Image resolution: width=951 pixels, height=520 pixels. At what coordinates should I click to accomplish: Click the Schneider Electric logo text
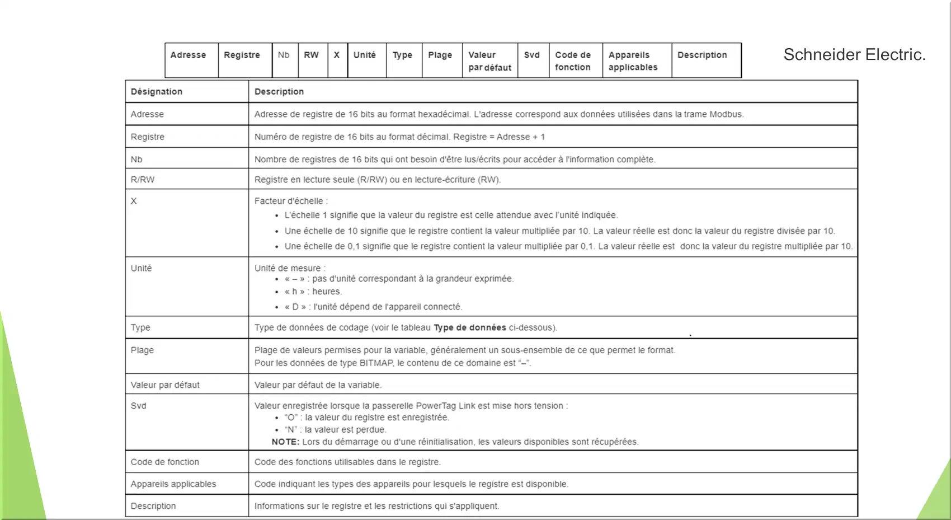[x=854, y=55]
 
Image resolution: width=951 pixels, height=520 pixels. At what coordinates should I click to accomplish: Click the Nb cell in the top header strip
[x=284, y=55]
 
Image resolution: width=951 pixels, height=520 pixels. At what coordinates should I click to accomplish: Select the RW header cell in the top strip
[x=312, y=55]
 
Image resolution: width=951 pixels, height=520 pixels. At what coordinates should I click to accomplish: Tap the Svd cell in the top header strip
[x=532, y=55]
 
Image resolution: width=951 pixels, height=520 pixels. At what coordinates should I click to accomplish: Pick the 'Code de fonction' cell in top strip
[x=573, y=61]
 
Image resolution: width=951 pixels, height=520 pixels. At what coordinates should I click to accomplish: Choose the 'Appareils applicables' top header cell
[x=633, y=61]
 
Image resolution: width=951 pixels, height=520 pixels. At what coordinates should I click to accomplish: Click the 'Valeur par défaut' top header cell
[x=489, y=61]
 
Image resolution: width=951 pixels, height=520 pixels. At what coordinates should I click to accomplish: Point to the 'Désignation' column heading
[x=157, y=92]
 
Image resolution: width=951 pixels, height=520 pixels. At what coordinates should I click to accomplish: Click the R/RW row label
[x=143, y=180]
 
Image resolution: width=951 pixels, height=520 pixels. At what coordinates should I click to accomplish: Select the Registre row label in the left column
[x=148, y=137]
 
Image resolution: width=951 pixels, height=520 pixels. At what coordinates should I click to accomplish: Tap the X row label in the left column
[x=134, y=201]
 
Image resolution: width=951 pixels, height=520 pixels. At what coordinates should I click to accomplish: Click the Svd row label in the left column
[x=139, y=406]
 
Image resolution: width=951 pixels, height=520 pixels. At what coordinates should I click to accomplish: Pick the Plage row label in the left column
[x=142, y=350]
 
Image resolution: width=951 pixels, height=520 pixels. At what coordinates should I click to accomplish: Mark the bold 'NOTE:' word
[x=285, y=442]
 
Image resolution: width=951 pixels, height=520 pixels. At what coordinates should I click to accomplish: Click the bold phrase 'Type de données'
[x=470, y=328]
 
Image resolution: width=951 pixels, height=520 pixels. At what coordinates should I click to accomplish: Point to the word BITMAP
[x=376, y=363]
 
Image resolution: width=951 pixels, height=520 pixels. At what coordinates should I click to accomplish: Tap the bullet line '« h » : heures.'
[x=313, y=292]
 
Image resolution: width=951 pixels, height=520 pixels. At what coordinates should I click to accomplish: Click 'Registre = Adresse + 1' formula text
[x=499, y=137]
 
